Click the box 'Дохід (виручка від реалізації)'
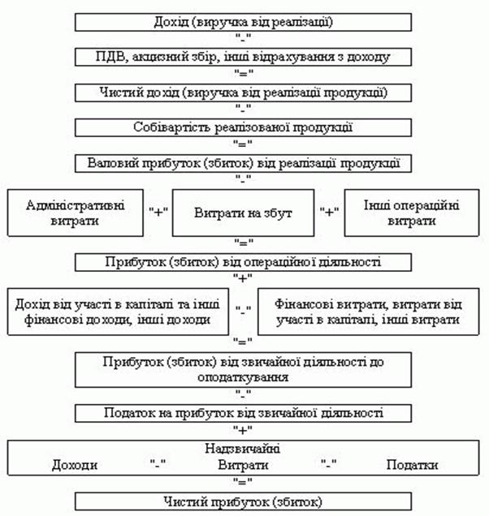pyautogui.click(x=243, y=23)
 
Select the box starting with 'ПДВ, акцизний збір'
pyautogui.click(x=243, y=58)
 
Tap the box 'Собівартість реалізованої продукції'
pyautogui.click(x=243, y=127)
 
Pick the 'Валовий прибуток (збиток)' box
pyautogui.click(x=243, y=164)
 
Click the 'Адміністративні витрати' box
pyautogui.click(x=76, y=213)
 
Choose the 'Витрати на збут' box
pyautogui.click(x=243, y=213)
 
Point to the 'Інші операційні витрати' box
pyautogui.click(x=412, y=213)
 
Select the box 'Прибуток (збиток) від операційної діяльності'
pyautogui.click(x=243, y=262)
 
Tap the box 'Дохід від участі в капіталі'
pyautogui.click(x=118, y=312)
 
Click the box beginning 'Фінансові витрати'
pyautogui.click(x=369, y=312)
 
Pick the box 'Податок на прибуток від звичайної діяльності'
pyautogui.click(x=243, y=413)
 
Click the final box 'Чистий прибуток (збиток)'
pyautogui.click(x=243, y=501)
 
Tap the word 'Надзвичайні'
pyautogui.click(x=243, y=449)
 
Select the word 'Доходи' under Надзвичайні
pyautogui.click(x=75, y=465)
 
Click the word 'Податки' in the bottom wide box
pyautogui.click(x=412, y=465)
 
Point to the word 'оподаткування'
pyautogui.click(x=243, y=377)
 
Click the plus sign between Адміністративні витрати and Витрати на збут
pyautogui.click(x=158, y=212)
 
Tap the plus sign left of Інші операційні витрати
pyautogui.click(x=330, y=212)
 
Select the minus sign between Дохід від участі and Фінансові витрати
pyautogui.click(x=244, y=309)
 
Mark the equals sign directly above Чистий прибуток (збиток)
pyautogui.click(x=243, y=482)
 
